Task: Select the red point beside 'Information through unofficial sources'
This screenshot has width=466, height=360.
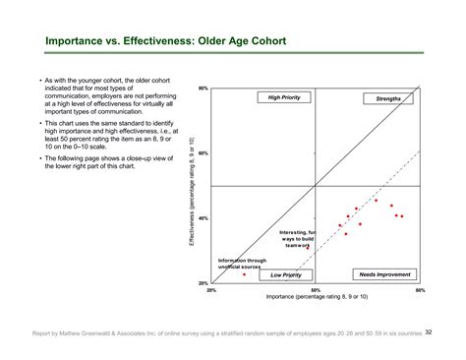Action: pyautogui.click(x=243, y=274)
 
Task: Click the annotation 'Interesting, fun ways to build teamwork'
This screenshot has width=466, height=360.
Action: pyautogui.click(x=296, y=239)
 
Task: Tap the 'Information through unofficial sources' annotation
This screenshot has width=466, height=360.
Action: pyautogui.click(x=241, y=264)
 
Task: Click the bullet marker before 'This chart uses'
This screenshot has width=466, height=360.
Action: pyautogui.click(x=36, y=124)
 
